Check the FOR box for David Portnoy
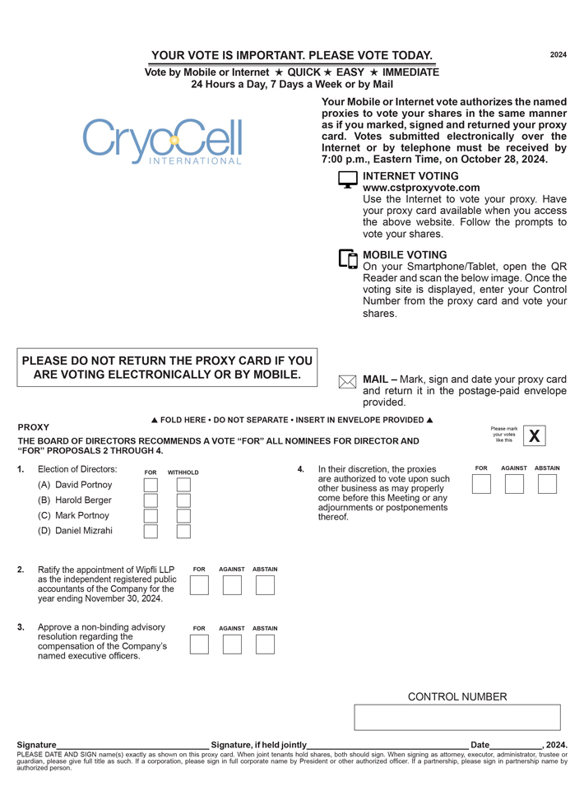tap(151, 485)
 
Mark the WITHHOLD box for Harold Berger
tap(183, 500)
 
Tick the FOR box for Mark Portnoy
tap(151, 516)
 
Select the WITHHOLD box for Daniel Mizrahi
tap(183, 532)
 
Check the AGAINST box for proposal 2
tap(232, 585)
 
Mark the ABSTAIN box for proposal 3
tap(265, 644)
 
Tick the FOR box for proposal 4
tap(481, 484)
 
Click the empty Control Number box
tap(457, 717)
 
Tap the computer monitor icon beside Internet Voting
tap(348, 179)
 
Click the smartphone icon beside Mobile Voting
tap(348, 258)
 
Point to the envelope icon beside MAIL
tap(348, 382)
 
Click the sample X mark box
tap(535, 436)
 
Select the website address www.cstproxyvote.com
tap(421, 188)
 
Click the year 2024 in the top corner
tap(559, 55)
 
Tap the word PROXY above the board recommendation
tap(34, 428)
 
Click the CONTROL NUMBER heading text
tap(457, 697)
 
